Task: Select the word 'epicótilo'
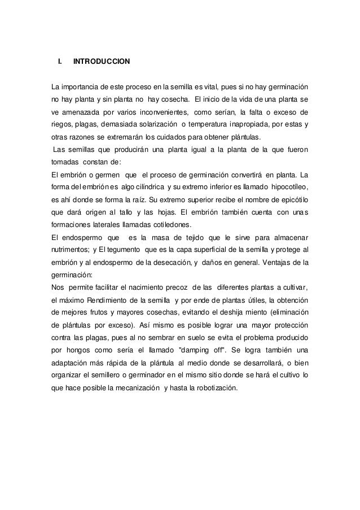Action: [x=291, y=199]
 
